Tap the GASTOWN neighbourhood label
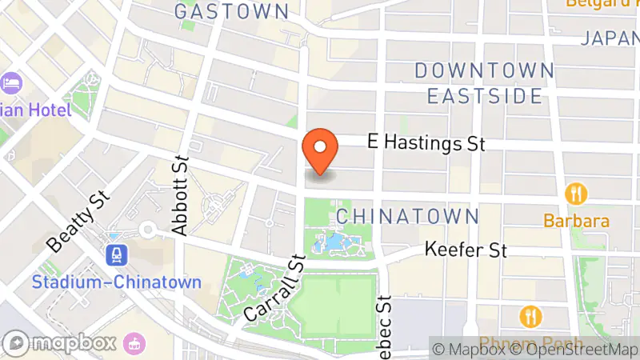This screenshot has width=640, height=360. (231, 12)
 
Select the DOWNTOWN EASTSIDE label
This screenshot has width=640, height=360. (484, 83)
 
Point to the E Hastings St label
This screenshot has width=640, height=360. (426, 143)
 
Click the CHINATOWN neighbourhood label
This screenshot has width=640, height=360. (407, 217)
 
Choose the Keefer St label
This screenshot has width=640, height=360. (466, 250)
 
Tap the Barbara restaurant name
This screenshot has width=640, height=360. (576, 221)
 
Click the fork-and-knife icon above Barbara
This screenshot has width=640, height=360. (576, 194)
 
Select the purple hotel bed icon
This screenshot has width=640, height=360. (11, 82)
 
